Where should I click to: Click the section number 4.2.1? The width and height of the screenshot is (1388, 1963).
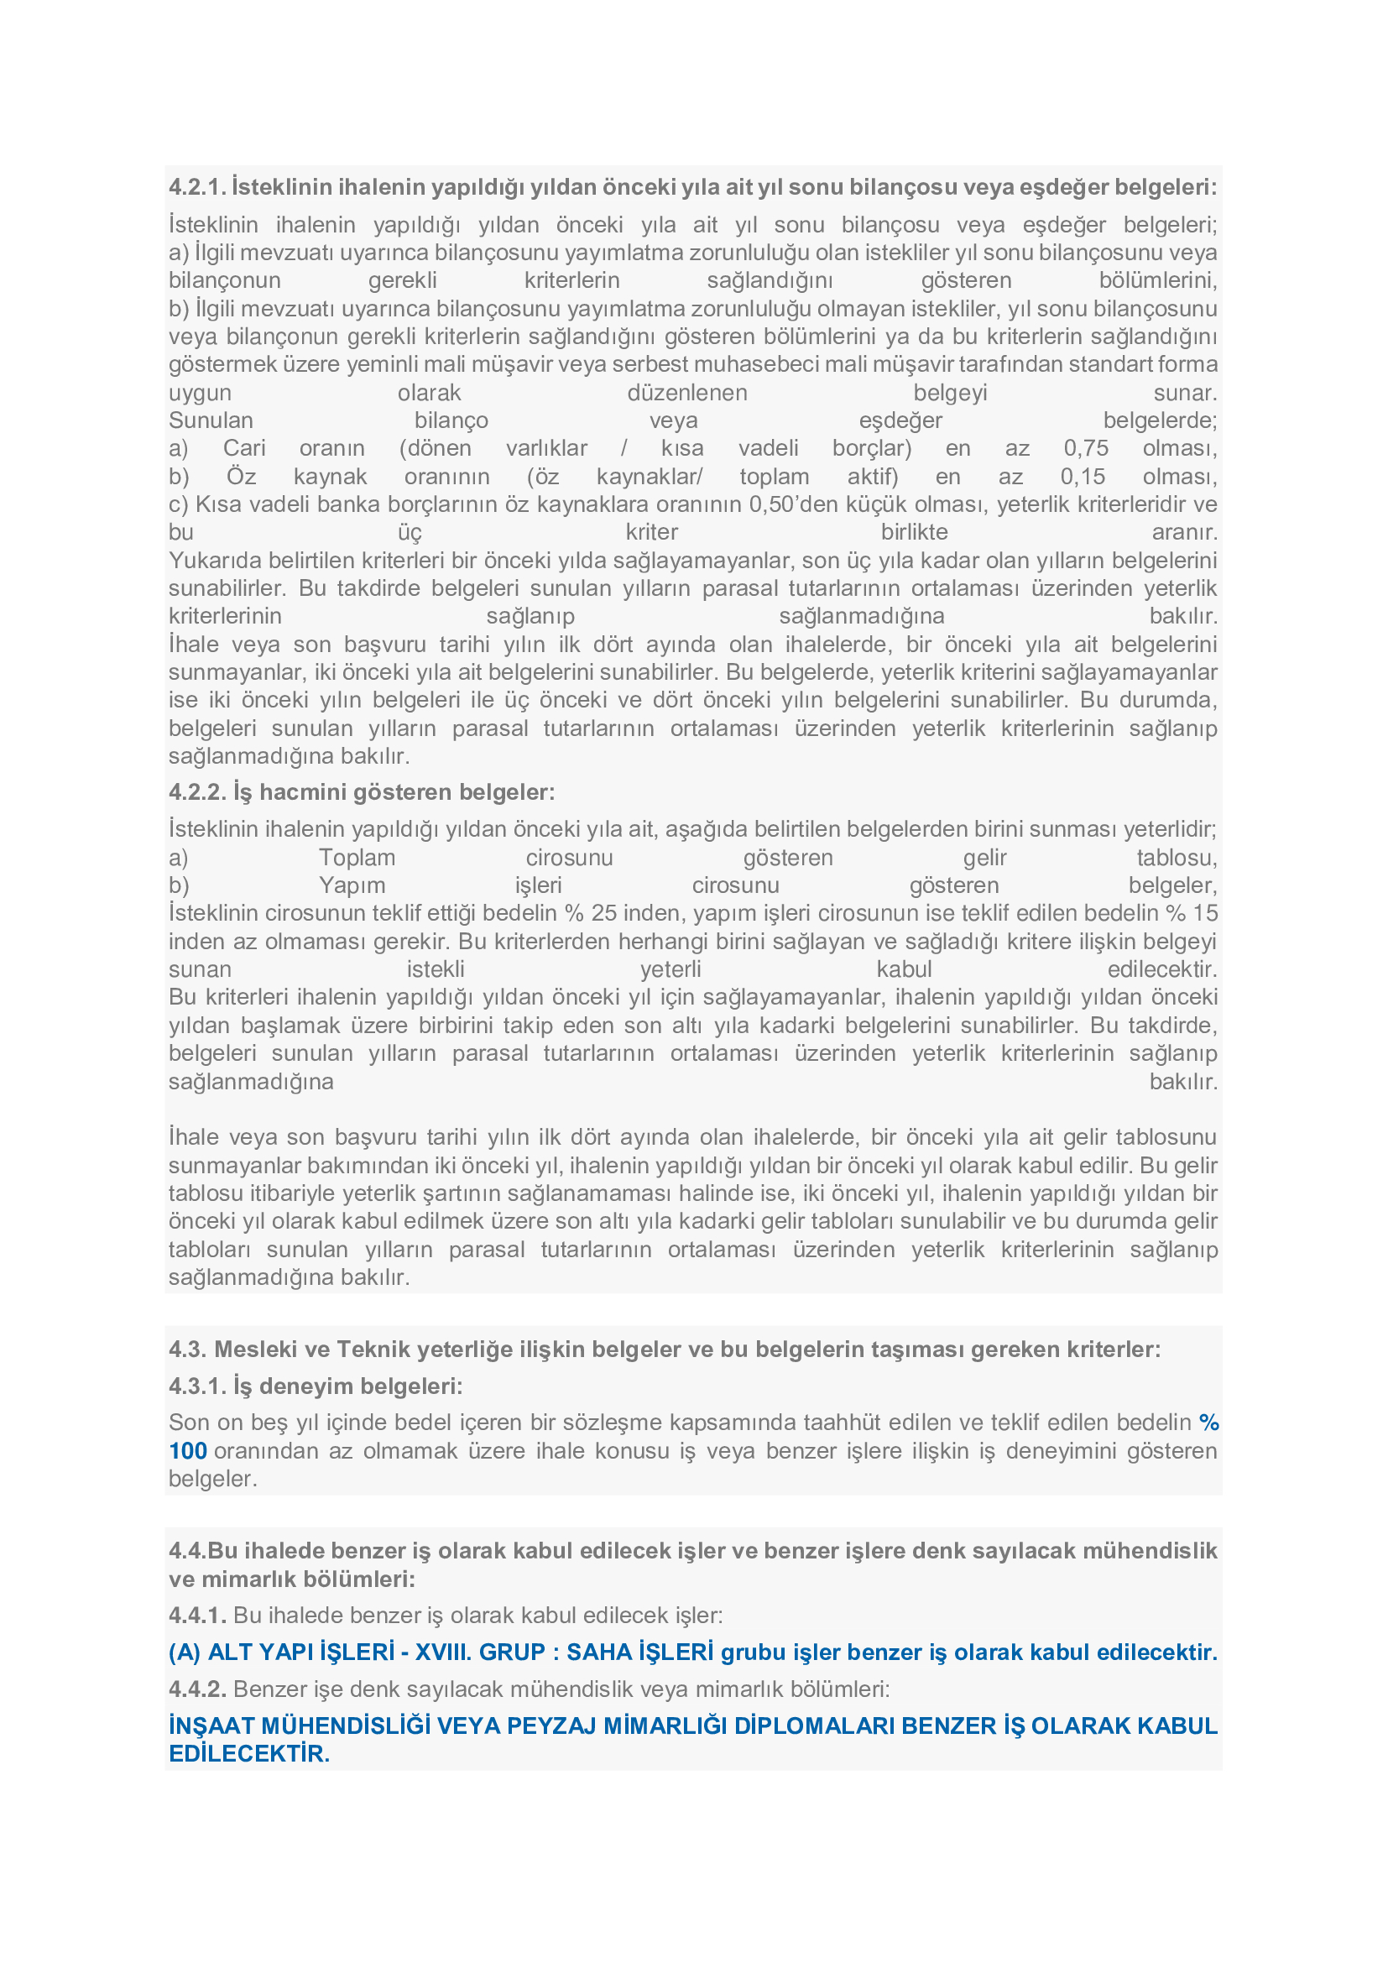(x=197, y=187)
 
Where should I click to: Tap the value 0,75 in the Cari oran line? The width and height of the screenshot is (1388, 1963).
(x=1085, y=448)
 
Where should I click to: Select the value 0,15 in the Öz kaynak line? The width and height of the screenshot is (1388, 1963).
(x=1083, y=476)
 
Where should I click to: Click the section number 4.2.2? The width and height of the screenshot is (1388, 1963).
(x=197, y=792)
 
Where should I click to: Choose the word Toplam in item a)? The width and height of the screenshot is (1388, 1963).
(x=357, y=858)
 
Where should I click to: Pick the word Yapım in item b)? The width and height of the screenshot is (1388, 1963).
(x=352, y=885)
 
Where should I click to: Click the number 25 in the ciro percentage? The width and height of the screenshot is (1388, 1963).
(x=603, y=913)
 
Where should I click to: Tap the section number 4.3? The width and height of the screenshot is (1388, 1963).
(x=185, y=1350)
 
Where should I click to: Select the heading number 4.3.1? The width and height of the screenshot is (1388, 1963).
(x=197, y=1386)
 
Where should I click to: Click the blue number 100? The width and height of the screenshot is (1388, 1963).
(x=188, y=1451)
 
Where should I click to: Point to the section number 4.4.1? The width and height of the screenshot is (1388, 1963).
(x=197, y=1615)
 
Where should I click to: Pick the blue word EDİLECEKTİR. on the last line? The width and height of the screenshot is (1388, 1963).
(x=248, y=1753)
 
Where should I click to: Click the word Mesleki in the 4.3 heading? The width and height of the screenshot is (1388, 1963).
(x=253, y=1350)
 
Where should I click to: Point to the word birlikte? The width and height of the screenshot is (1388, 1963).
(x=914, y=532)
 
